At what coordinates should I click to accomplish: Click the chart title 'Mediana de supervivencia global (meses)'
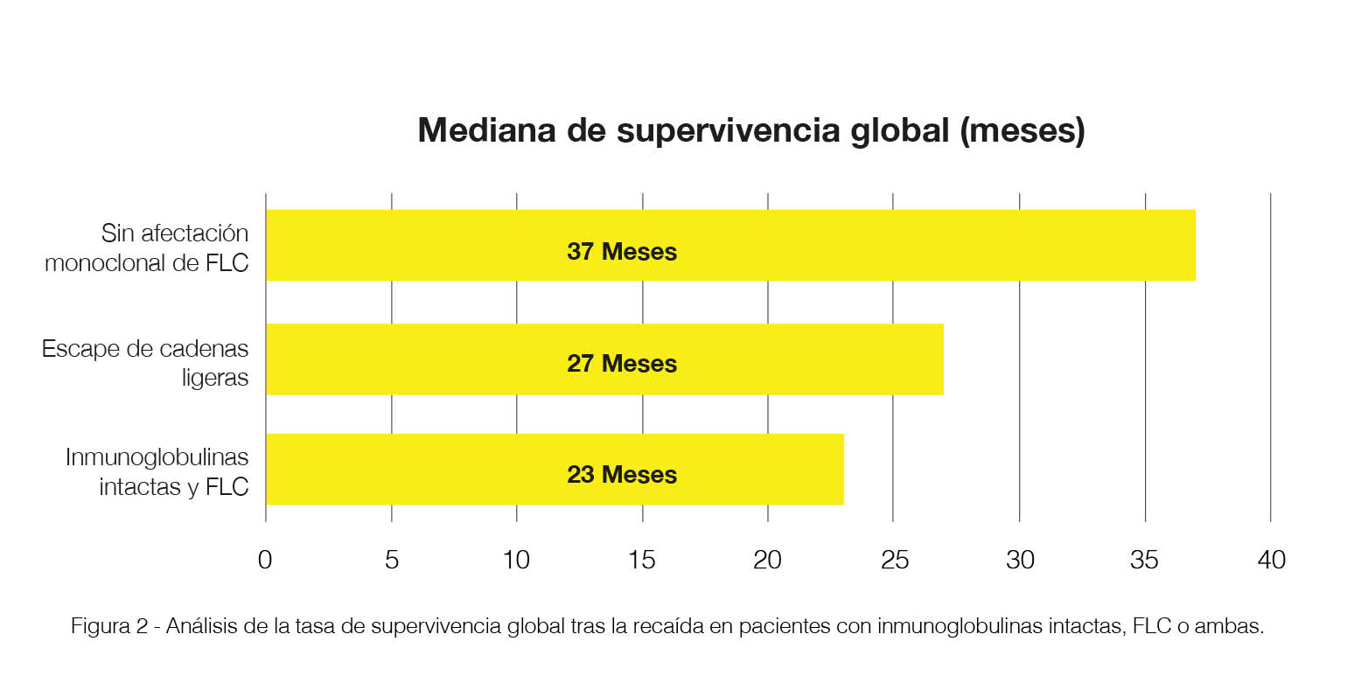750,130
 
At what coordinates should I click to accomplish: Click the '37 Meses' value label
621,252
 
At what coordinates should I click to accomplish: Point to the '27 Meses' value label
621,364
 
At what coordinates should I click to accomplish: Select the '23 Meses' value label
621,475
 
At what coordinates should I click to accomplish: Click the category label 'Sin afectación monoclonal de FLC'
147,247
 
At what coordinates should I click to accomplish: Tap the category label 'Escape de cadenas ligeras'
145,363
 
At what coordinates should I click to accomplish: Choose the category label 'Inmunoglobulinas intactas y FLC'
157,471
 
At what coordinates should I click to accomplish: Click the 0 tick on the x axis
265,560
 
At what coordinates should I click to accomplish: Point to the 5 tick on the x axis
392,560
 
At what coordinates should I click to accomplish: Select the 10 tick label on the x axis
516,560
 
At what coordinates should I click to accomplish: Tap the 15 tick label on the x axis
642,560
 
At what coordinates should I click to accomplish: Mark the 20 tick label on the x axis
767,560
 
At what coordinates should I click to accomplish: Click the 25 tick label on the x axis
894,560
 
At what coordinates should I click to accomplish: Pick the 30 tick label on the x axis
1020,560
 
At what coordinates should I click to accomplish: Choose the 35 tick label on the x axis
1144,560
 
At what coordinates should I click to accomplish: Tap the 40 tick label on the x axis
1271,560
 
